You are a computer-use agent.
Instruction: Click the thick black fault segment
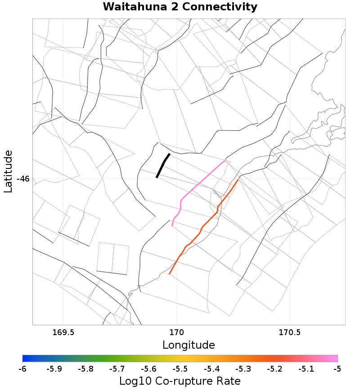pos(162,166)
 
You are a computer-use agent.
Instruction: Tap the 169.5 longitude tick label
pos(63,333)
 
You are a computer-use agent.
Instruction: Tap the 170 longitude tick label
pos(176,333)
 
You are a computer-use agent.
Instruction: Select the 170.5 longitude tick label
pos(289,333)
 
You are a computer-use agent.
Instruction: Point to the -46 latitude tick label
pos(23,179)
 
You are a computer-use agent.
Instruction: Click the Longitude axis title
pos(189,346)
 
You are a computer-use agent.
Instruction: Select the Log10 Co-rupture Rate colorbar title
pos(180,381)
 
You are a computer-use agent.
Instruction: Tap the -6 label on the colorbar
pos(22,369)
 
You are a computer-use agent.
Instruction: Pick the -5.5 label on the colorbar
pos(180,369)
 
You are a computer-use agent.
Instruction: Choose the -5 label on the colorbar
pos(337,369)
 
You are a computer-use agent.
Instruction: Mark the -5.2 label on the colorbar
pos(274,369)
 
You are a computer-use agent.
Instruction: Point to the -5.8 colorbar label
pos(85,369)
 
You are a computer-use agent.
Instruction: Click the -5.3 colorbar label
pos(243,369)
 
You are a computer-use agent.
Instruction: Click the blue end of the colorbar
pos(24,359)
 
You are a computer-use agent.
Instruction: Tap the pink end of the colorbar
pos(336,359)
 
